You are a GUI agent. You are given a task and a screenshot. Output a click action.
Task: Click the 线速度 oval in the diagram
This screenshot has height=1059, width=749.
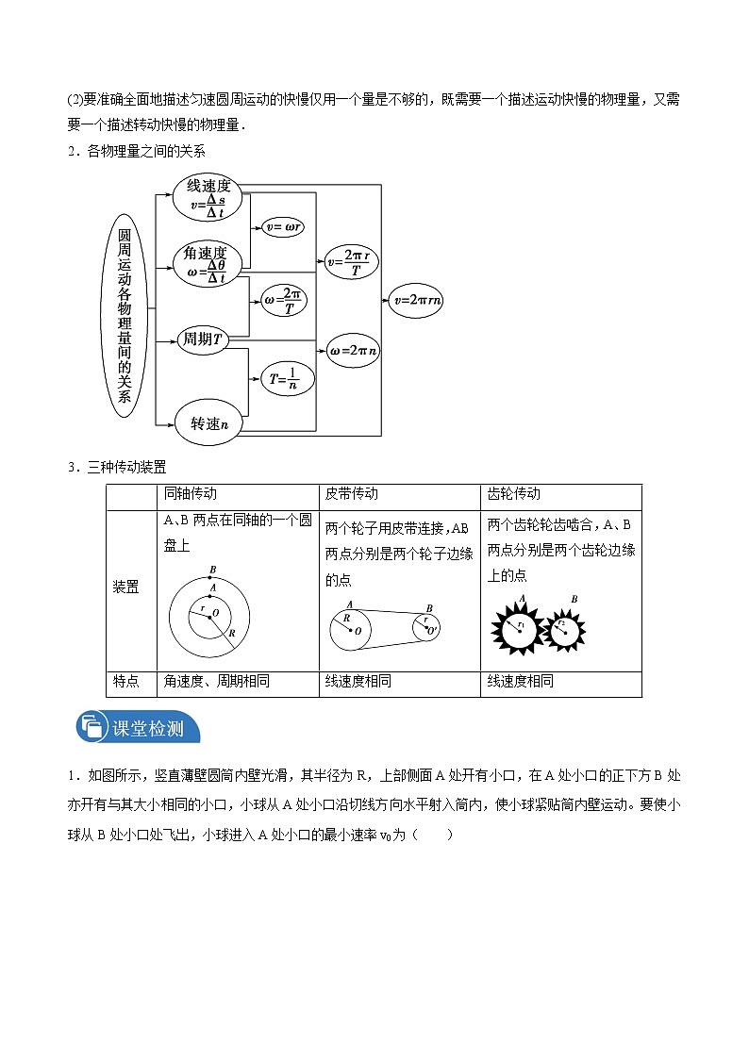(208, 195)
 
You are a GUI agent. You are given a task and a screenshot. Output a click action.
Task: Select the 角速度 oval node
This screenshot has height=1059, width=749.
(208, 263)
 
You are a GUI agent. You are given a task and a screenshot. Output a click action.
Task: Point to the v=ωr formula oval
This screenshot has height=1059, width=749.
(282, 227)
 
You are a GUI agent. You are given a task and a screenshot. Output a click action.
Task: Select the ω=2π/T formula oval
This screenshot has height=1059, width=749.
(285, 301)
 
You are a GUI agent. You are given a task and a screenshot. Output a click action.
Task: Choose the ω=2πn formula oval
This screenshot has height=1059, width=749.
(354, 350)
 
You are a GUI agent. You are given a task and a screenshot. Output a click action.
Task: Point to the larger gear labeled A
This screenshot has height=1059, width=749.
(519, 626)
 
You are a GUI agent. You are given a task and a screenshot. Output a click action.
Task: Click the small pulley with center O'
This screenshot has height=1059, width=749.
(429, 626)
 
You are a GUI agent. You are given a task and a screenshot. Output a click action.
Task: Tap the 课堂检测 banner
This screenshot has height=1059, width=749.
(126, 728)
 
